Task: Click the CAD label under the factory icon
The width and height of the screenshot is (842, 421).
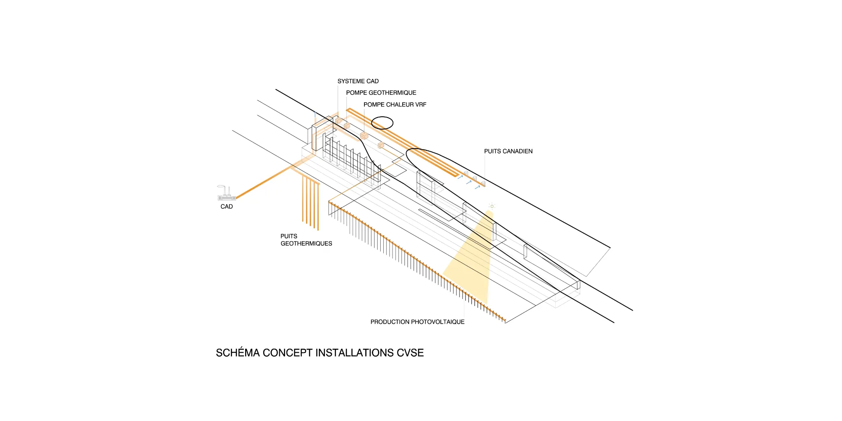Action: click(x=226, y=207)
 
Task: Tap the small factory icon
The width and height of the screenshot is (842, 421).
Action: click(x=226, y=193)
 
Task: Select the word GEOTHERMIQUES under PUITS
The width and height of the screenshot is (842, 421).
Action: click(x=306, y=243)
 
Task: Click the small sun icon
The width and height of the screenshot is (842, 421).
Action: click(x=492, y=206)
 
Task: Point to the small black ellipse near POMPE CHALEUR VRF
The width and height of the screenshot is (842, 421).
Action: click(x=382, y=123)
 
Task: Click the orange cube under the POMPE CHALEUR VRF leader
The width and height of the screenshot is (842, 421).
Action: click(x=364, y=136)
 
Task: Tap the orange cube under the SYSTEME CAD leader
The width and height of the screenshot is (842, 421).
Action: click(x=338, y=120)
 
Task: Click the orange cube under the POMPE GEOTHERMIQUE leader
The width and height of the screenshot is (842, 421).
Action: click(x=347, y=126)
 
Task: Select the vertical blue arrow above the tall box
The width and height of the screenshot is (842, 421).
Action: click(x=315, y=115)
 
